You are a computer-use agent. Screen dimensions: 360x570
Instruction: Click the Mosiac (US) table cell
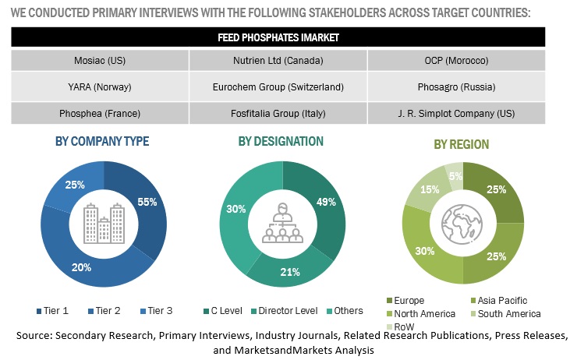coord(99,60)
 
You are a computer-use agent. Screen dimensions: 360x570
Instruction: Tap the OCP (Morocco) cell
coord(455,60)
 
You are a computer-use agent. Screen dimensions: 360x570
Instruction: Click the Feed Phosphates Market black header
coord(278,37)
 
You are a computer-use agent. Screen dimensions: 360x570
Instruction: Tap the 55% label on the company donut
coord(147,202)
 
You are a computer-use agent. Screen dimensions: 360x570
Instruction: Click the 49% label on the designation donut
coord(326,202)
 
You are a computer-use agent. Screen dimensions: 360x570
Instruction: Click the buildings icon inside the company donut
coord(103,223)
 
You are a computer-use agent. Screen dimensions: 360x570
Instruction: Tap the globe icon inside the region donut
coord(461,224)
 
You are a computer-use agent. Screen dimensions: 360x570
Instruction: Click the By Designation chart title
coord(281,141)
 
